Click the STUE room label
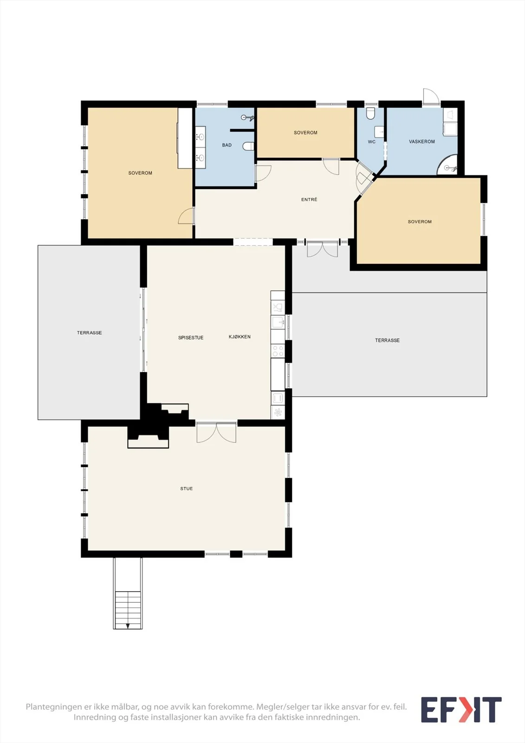187,489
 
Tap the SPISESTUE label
191,338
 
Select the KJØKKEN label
240,337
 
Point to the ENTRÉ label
309,199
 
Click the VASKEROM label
421,142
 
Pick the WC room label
371,142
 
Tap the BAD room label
227,145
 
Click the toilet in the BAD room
248,146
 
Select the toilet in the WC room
370,113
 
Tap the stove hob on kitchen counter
278,351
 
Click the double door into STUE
216,432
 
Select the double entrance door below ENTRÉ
322,249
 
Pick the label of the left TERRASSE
89,332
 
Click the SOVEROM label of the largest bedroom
140,173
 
